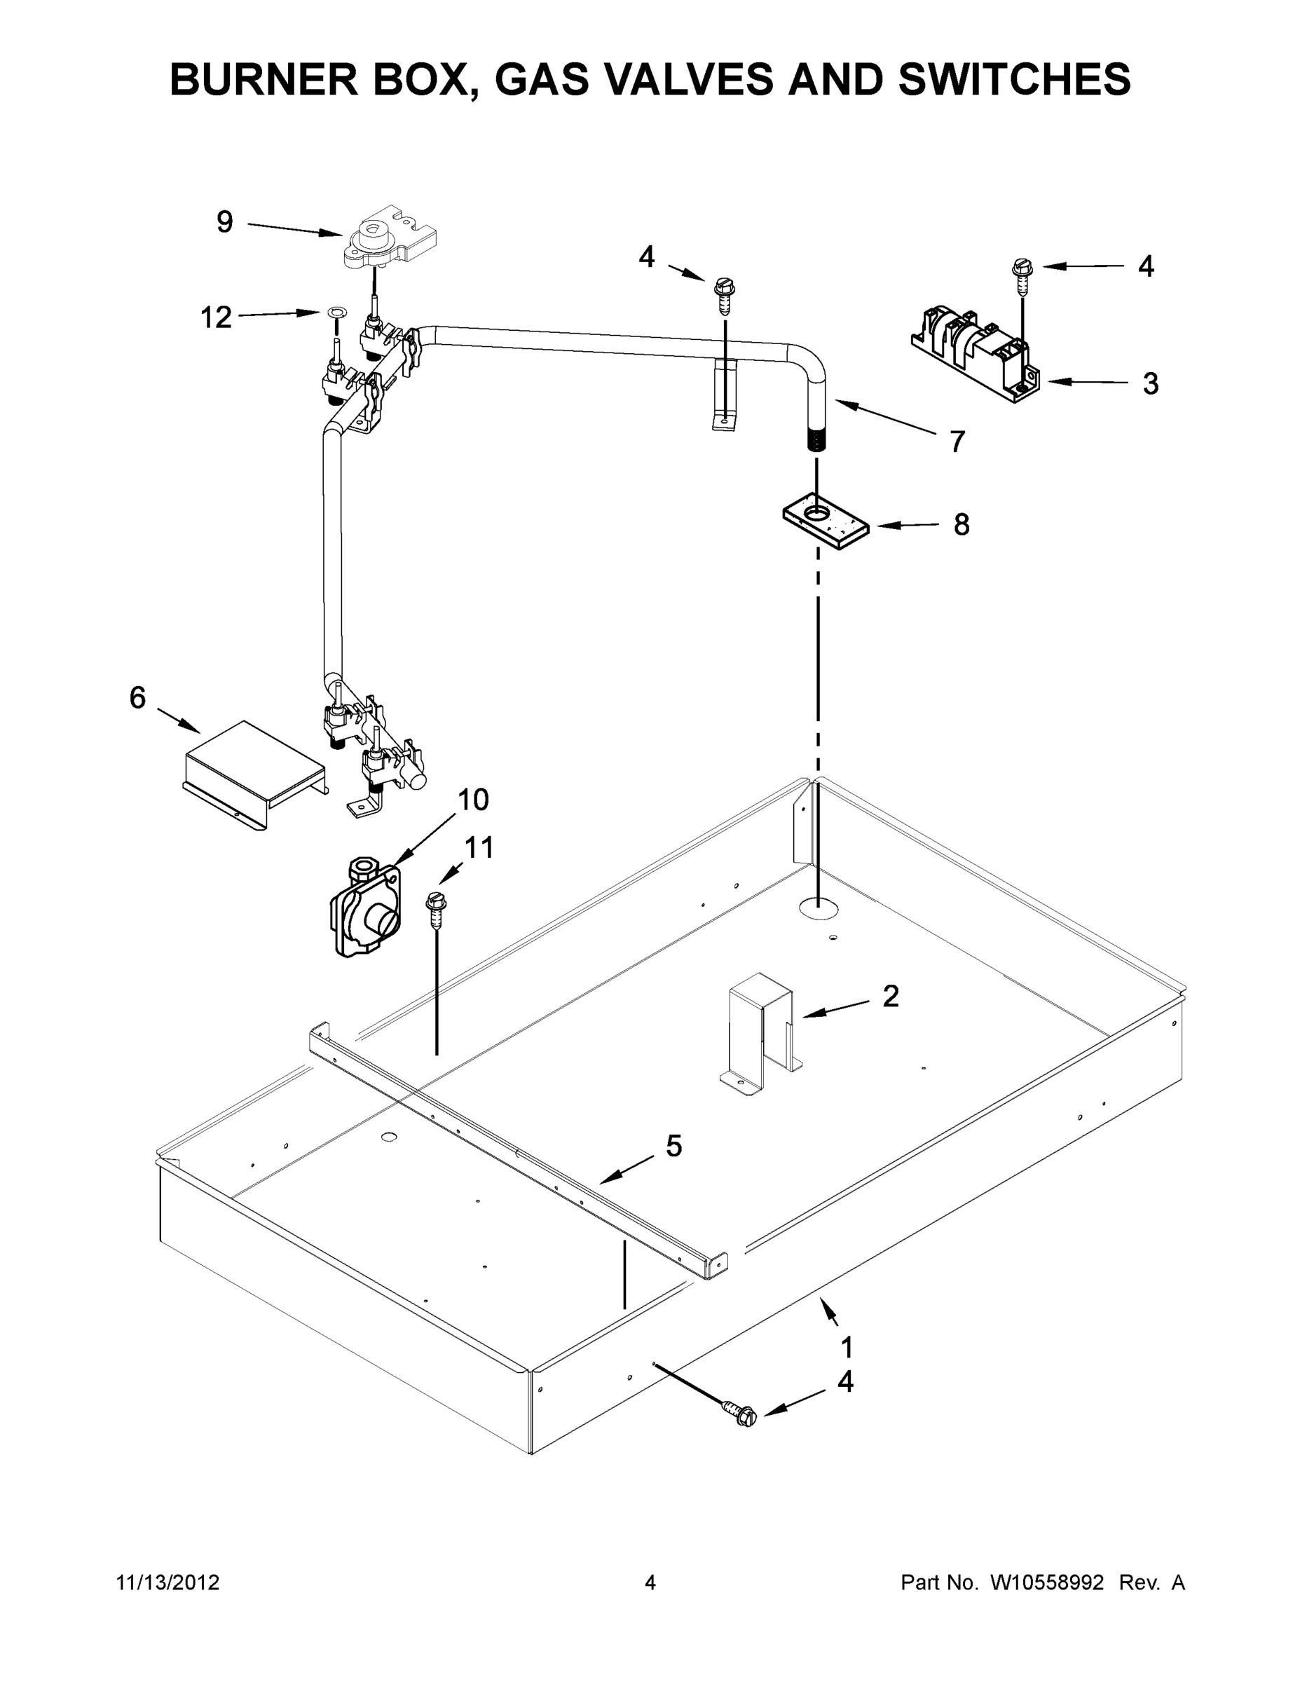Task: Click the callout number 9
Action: (224, 223)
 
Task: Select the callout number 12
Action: (216, 317)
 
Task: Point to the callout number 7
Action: (957, 442)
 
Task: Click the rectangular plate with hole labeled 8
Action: (826, 521)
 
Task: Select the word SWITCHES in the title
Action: (1014, 79)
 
